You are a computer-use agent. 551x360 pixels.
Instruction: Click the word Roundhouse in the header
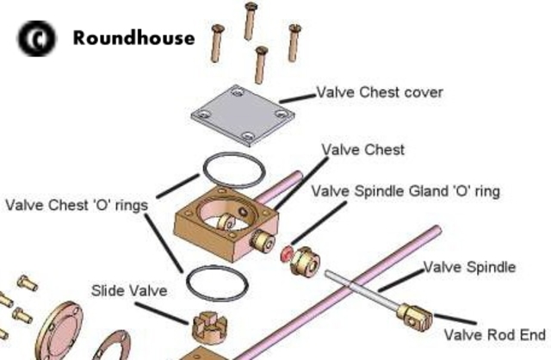[133, 38]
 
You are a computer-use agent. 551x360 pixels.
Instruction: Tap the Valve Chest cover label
[380, 92]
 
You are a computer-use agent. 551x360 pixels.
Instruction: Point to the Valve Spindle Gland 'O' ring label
[405, 191]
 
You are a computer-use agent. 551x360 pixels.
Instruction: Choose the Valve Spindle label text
[468, 267]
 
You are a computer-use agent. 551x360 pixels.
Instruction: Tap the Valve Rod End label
[494, 334]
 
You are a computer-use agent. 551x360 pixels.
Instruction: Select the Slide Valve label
[129, 291]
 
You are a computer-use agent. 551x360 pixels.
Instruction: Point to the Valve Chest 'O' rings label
[76, 206]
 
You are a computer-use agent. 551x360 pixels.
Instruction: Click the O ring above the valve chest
[232, 171]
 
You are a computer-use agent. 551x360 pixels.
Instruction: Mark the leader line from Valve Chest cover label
[297, 97]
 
